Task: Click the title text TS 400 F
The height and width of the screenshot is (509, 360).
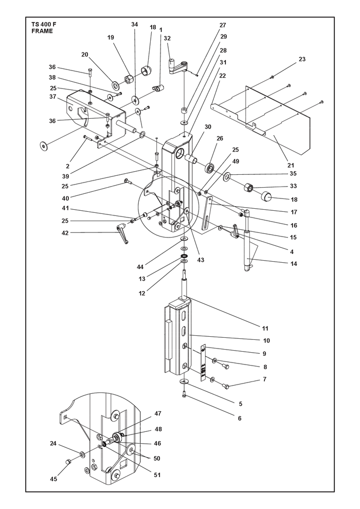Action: (44, 25)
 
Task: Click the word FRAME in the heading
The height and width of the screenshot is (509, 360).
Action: (42, 31)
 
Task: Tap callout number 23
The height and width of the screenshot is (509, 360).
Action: (302, 59)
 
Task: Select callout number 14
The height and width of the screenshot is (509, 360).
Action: (294, 264)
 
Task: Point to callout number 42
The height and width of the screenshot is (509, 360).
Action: (65, 233)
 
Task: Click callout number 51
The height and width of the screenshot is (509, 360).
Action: (157, 475)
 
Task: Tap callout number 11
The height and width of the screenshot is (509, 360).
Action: (265, 328)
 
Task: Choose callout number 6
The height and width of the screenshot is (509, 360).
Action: (240, 418)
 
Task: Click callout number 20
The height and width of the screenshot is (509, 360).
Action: (85, 54)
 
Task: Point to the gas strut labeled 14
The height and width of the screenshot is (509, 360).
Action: (247, 241)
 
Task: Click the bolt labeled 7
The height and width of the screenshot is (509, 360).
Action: (226, 386)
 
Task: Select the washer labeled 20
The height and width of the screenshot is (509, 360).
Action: (115, 85)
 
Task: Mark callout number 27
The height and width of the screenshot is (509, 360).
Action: (223, 25)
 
